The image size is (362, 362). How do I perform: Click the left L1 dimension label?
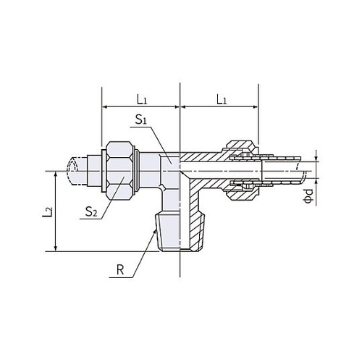point(142,99)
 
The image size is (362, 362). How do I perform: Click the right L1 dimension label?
point(222,99)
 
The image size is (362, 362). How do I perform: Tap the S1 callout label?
point(141,120)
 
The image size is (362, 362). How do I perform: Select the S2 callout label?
point(91,211)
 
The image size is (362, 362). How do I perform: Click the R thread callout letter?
point(120,270)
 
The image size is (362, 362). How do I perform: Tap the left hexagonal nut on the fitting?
point(120,171)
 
